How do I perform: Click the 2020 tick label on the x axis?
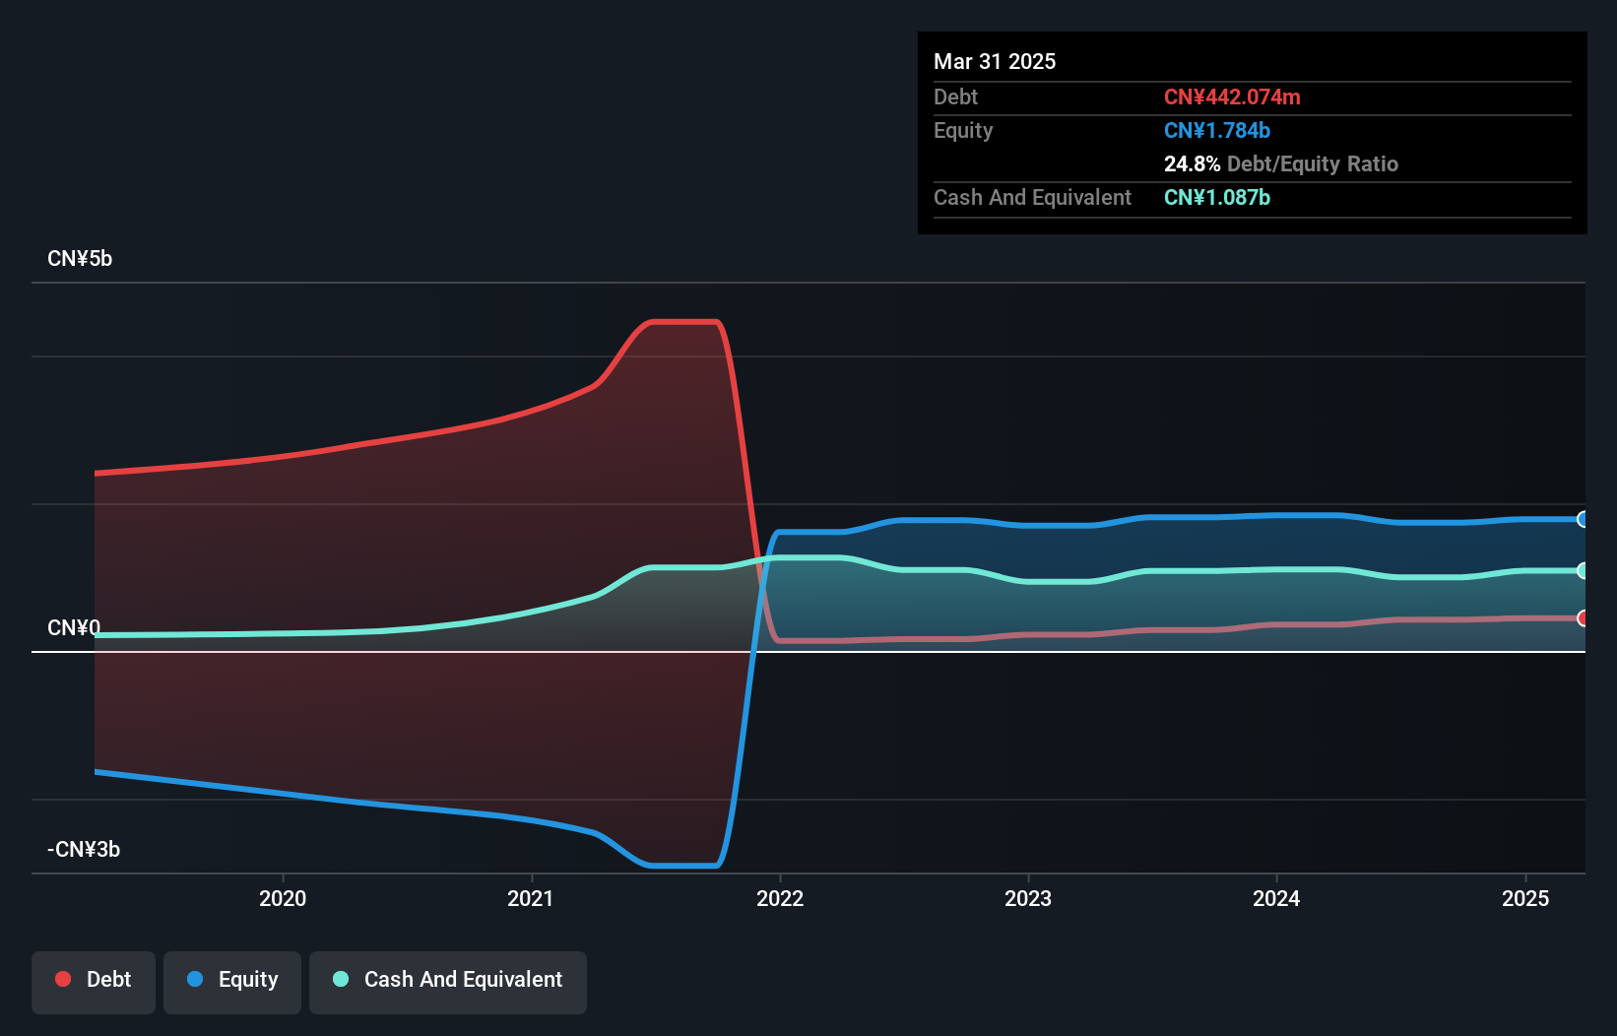click(x=283, y=898)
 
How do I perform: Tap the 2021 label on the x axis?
click(x=531, y=898)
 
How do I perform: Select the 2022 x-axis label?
click(x=780, y=898)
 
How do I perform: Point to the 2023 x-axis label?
click(x=1028, y=898)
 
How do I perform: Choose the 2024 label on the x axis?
click(x=1276, y=898)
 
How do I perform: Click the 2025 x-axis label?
click(x=1525, y=898)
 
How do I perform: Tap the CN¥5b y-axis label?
click(x=80, y=259)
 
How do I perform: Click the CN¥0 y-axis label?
click(x=74, y=628)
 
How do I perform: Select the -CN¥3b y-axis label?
click(x=84, y=850)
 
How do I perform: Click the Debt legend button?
click(x=94, y=980)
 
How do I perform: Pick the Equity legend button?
click(x=232, y=980)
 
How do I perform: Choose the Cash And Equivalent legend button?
click(x=448, y=980)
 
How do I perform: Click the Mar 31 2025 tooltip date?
click(x=995, y=62)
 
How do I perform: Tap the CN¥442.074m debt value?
click(x=1232, y=97)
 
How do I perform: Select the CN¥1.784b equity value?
click(x=1217, y=131)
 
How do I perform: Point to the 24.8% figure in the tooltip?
click(x=1192, y=164)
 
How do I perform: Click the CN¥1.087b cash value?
click(x=1217, y=198)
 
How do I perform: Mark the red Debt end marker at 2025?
click(x=1583, y=618)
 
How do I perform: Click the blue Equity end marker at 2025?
click(x=1583, y=519)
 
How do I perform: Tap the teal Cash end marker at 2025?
click(x=1583, y=570)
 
